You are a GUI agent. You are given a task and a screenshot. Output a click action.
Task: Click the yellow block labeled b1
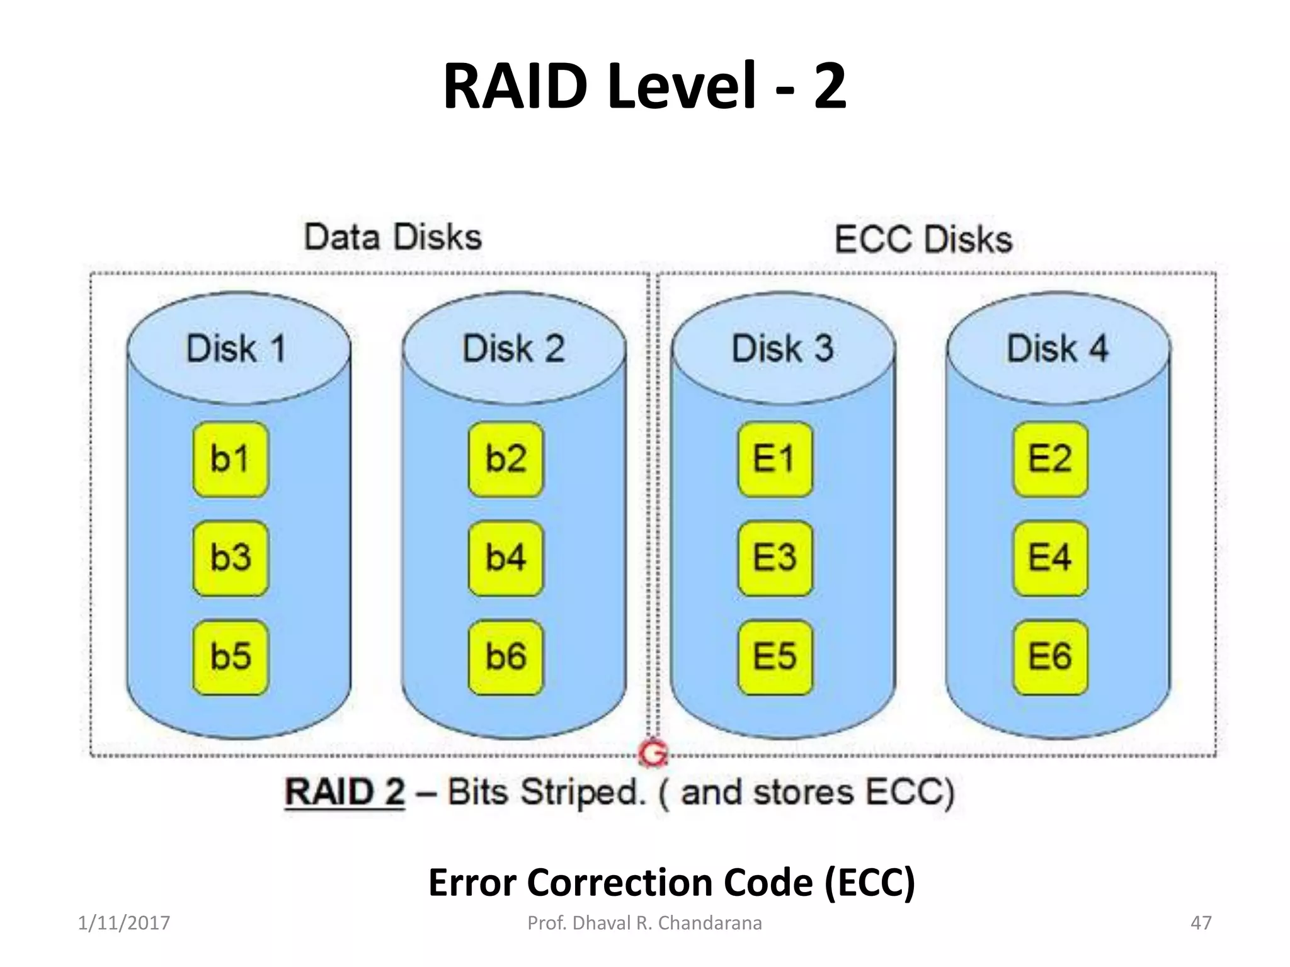pyautogui.click(x=231, y=459)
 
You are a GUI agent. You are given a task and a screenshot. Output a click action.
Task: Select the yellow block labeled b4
pyautogui.click(x=506, y=558)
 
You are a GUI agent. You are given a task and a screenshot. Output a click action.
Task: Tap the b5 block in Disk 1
pyautogui.click(x=231, y=657)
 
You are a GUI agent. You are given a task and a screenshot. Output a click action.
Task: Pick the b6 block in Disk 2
pyautogui.click(x=506, y=657)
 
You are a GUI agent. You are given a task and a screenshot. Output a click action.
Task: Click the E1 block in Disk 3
pyautogui.click(x=775, y=459)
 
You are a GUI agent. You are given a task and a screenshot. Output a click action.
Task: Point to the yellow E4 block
pyautogui.click(x=1050, y=558)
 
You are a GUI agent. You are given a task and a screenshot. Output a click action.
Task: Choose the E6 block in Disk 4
pyautogui.click(x=1050, y=657)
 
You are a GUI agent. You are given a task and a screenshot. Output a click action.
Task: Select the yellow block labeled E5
pyautogui.click(x=775, y=657)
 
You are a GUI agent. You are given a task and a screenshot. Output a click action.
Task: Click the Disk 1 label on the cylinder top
pyautogui.click(x=237, y=348)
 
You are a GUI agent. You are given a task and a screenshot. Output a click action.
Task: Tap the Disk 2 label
pyautogui.click(x=513, y=348)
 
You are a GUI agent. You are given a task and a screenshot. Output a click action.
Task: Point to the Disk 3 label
pyautogui.click(x=782, y=348)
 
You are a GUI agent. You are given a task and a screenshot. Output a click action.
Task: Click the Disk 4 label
pyautogui.click(x=1058, y=348)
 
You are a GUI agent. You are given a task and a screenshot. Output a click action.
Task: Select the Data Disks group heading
pyautogui.click(x=393, y=237)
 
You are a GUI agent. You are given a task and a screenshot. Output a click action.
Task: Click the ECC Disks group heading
pyautogui.click(x=923, y=240)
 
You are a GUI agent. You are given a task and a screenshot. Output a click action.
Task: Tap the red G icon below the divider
pyautogui.click(x=653, y=753)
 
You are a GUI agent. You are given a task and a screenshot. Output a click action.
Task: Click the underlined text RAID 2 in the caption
pyautogui.click(x=345, y=792)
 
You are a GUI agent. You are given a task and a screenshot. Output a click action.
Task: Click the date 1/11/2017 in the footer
pyautogui.click(x=124, y=923)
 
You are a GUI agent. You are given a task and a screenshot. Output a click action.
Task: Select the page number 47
pyautogui.click(x=1201, y=923)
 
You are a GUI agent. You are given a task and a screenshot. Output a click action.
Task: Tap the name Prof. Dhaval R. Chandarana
pyautogui.click(x=644, y=923)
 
